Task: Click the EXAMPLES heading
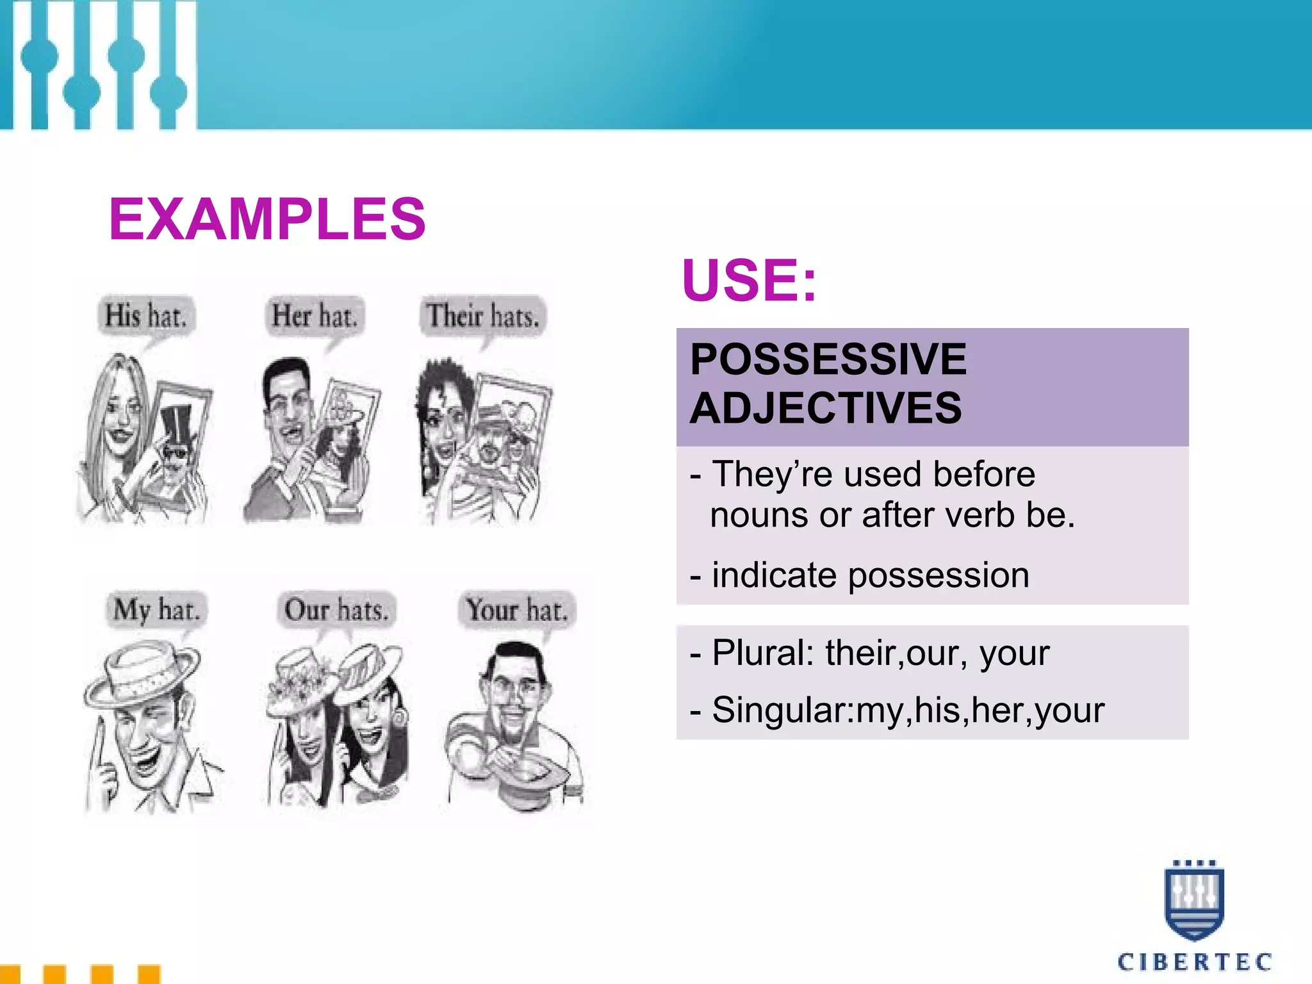267,219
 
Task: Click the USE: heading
749,280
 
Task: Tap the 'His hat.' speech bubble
146,316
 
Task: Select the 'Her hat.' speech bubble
314,316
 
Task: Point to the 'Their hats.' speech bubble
483,316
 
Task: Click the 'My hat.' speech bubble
156,609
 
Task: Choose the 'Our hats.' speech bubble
337,609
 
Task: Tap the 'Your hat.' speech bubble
516,609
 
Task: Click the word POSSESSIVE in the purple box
828,359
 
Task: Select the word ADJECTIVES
826,409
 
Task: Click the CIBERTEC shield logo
1193,900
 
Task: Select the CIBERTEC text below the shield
1194,962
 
